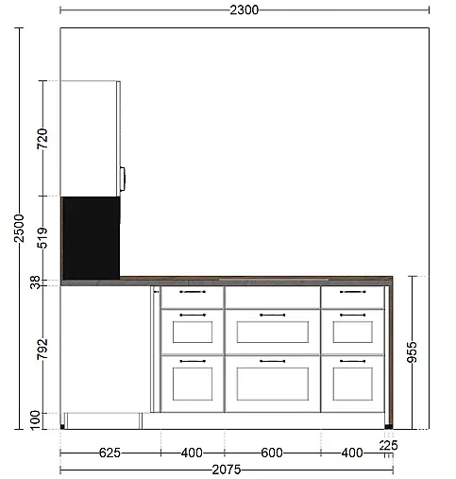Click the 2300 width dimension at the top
tap(244, 10)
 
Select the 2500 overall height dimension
tap(19, 229)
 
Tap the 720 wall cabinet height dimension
tap(42, 139)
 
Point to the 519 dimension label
tap(42, 238)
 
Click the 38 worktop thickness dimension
tap(36, 282)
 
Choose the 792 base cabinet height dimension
tap(42, 349)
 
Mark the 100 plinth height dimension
tap(35, 420)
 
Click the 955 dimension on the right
tap(413, 352)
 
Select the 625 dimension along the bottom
tap(110, 453)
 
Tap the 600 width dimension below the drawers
tap(272, 453)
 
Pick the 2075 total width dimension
tap(227, 470)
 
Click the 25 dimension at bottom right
tap(389, 446)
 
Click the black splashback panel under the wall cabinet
tap(91, 238)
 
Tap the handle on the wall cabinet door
tap(123, 179)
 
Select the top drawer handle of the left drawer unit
tap(193, 292)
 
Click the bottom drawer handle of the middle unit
tap(273, 361)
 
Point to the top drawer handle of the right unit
tap(353, 292)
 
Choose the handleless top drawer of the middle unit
tap(273, 298)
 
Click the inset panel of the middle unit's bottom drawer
tap(273, 384)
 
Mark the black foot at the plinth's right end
tap(389, 427)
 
